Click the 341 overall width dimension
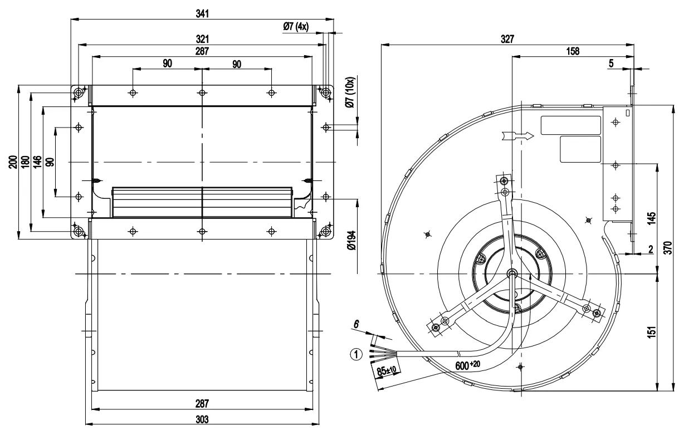point(202,13)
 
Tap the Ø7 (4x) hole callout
point(296,26)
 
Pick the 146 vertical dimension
point(37,162)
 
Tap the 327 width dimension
point(507,40)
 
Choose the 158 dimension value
point(572,51)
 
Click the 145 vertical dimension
point(652,217)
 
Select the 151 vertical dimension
point(652,332)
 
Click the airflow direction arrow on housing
point(517,135)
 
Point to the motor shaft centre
point(512,273)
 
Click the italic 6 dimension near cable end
point(357,323)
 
